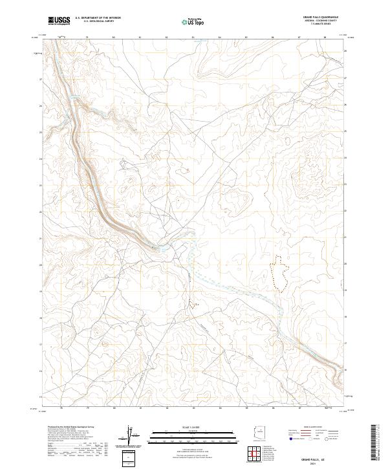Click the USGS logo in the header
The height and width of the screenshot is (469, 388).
(59, 21)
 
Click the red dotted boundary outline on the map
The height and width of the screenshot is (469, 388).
(279, 272)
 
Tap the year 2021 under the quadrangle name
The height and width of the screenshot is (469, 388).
(321, 462)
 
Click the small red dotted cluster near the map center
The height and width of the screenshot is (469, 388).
(192, 301)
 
